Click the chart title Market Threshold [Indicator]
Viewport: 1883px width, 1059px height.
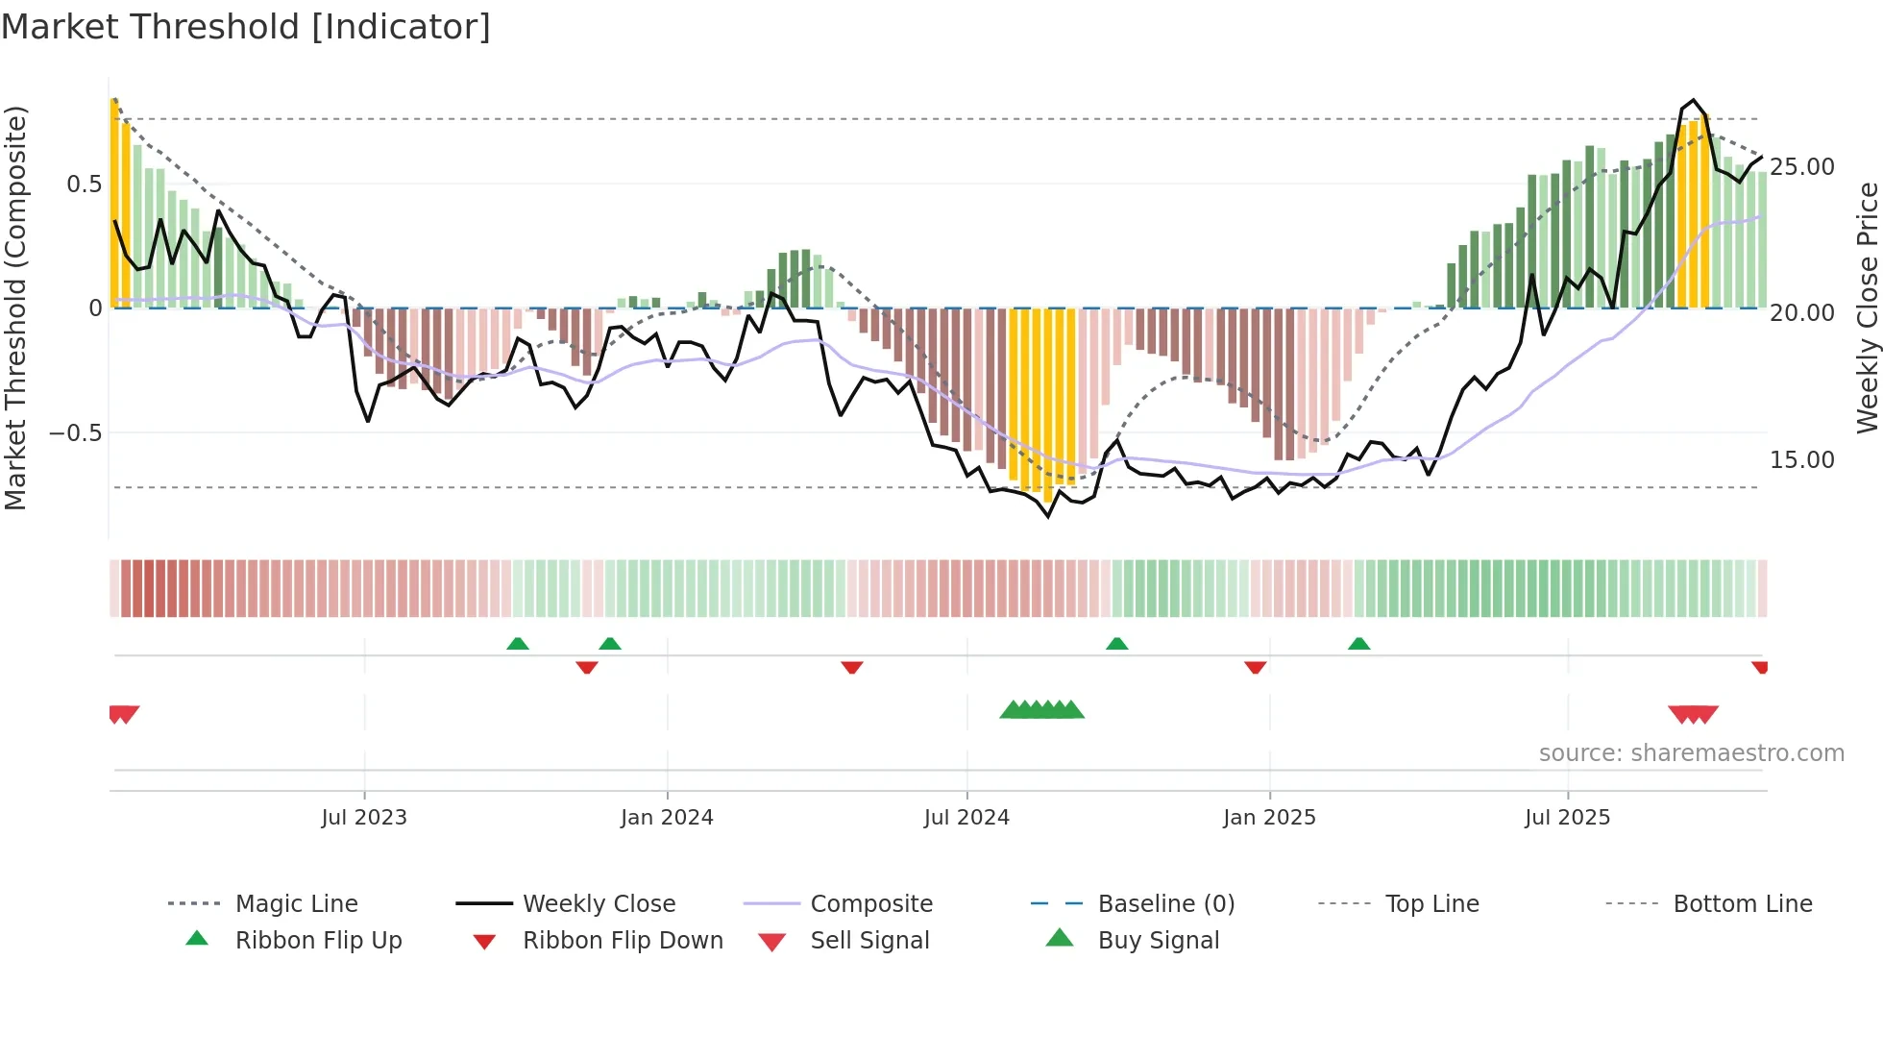(x=246, y=27)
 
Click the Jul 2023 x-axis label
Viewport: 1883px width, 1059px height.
(x=364, y=818)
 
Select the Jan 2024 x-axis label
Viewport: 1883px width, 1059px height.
(x=667, y=818)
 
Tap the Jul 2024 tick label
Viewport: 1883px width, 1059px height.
(x=966, y=818)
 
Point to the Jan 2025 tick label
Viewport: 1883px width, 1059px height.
(x=1269, y=818)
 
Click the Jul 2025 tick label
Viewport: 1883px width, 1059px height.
(x=1567, y=818)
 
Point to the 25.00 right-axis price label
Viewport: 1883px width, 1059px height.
(x=1802, y=167)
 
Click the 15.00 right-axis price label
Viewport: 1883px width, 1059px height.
(x=1802, y=460)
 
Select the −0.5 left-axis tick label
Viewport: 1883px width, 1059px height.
(x=76, y=433)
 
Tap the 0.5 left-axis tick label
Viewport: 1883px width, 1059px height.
(x=84, y=185)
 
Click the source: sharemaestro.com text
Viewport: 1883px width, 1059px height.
(x=1691, y=753)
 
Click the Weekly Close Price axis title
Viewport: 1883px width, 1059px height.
(x=1867, y=308)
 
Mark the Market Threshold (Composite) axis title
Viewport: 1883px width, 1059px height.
(x=15, y=308)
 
